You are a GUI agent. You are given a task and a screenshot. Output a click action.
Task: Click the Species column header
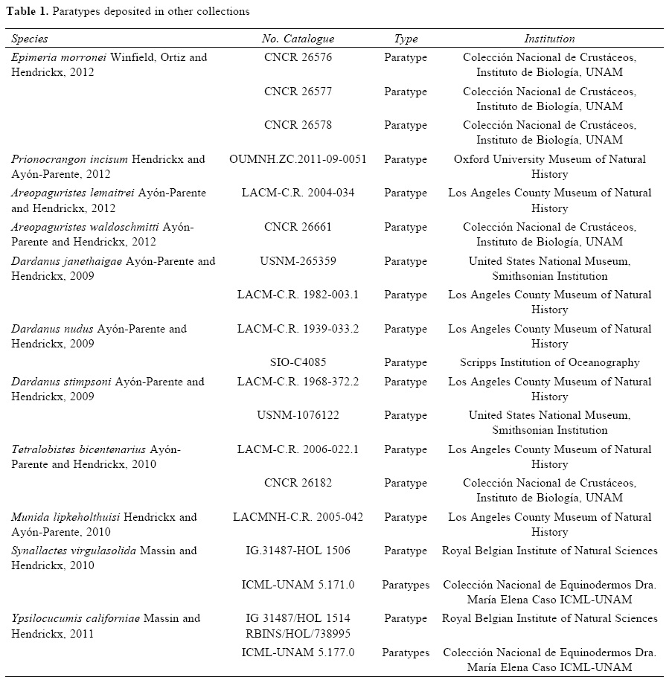click(30, 39)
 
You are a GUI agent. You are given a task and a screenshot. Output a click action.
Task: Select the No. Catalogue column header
click(298, 39)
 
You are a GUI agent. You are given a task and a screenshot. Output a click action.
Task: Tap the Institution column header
click(549, 39)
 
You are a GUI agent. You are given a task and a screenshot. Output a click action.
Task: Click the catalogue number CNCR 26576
click(298, 57)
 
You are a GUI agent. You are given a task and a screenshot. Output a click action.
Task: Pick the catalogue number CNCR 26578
click(298, 125)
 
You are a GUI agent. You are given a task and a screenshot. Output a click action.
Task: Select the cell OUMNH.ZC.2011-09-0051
click(298, 159)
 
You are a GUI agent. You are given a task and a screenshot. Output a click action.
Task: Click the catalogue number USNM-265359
click(298, 261)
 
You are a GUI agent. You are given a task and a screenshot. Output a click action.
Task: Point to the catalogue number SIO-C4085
click(298, 363)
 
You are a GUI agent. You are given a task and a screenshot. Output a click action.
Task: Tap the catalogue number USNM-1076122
click(298, 415)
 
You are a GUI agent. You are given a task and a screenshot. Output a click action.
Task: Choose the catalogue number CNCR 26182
click(298, 483)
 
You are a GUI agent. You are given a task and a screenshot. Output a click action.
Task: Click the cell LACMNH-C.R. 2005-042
click(298, 517)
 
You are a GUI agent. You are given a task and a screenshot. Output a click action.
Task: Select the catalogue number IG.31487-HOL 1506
click(298, 551)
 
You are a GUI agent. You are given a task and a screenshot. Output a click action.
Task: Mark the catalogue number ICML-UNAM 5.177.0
click(298, 652)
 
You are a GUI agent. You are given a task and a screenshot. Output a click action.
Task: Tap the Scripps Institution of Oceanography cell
click(549, 363)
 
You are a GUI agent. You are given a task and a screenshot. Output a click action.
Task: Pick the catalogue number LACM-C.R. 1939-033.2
click(298, 329)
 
